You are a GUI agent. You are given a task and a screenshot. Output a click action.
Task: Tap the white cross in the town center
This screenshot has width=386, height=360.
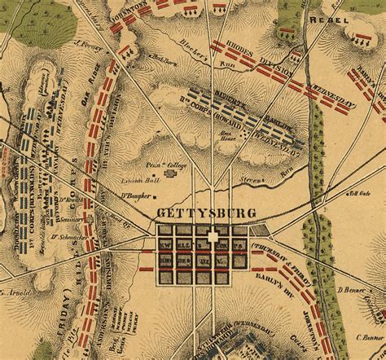coord(213,237)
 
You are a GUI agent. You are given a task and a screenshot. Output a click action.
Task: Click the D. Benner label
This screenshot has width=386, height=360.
coord(353,290)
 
